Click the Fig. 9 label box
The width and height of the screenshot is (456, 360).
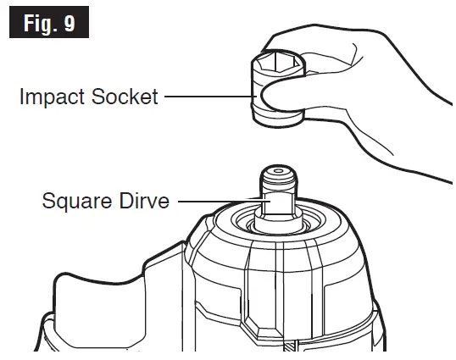point(47,23)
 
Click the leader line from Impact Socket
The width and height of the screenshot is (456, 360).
point(208,97)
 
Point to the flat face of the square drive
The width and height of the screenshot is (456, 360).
point(275,207)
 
